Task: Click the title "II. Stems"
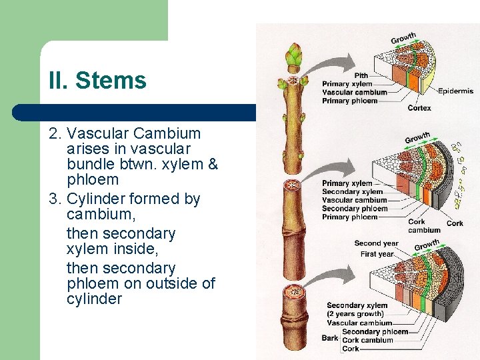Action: tap(97, 81)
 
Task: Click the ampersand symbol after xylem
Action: tap(213, 164)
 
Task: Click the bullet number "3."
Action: tap(55, 199)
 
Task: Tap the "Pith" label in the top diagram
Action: tap(361, 75)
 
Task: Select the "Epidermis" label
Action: tap(455, 91)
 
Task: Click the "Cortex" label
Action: tap(419, 107)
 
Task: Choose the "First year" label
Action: tap(377, 254)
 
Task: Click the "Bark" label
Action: tap(330, 338)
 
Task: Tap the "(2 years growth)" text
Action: tap(355, 314)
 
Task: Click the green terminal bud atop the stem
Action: tap(293, 57)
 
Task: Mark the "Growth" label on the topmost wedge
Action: tap(403, 39)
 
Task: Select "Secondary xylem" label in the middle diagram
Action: tap(353, 191)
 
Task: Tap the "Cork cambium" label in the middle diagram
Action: tap(424, 226)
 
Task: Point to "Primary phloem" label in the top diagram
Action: tap(349, 101)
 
